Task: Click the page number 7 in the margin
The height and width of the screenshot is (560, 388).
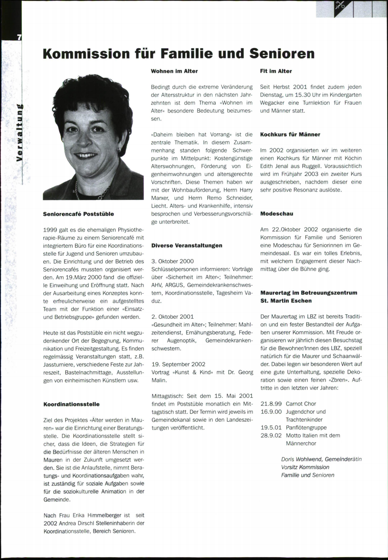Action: click(x=19, y=37)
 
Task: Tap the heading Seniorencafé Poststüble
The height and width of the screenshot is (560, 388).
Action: click(x=79, y=214)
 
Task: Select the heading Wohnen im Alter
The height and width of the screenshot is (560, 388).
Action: click(x=174, y=71)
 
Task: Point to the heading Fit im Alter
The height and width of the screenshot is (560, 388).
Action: click(x=276, y=71)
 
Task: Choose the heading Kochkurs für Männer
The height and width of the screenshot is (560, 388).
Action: click(x=290, y=134)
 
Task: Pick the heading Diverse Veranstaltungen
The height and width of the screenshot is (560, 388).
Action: click(x=187, y=245)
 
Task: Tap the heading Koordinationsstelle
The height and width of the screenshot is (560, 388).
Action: click(x=71, y=404)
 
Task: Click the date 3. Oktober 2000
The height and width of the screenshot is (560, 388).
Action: click(x=173, y=261)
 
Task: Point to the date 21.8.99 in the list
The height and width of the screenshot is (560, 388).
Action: click(x=271, y=404)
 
